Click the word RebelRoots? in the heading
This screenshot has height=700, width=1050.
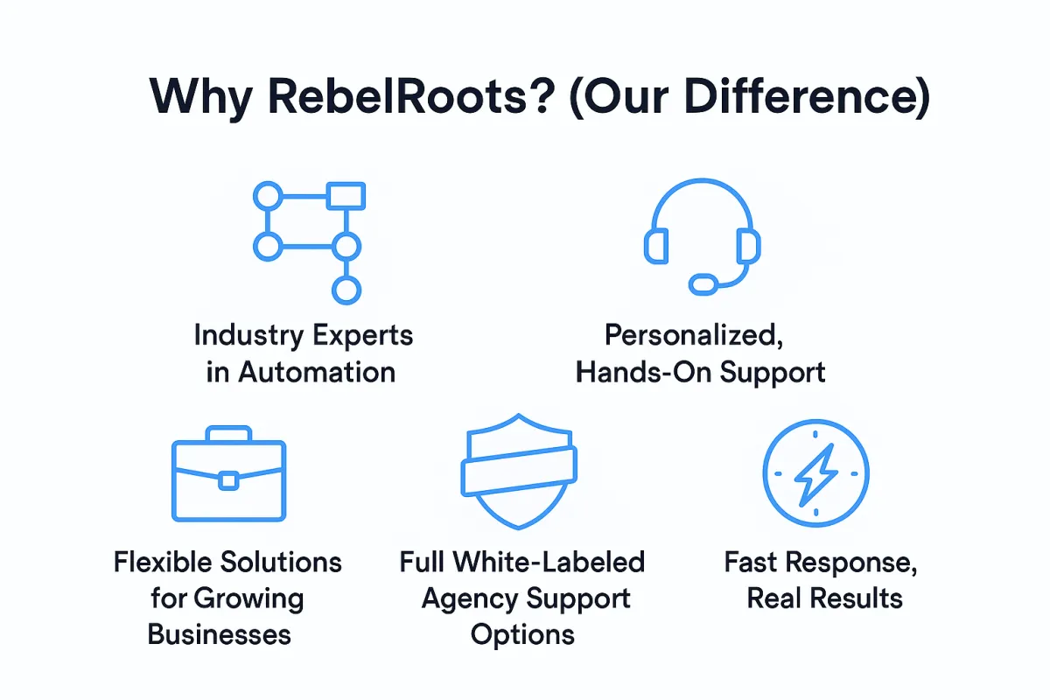pyautogui.click(x=411, y=96)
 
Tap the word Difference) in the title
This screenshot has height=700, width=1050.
pyautogui.click(x=807, y=96)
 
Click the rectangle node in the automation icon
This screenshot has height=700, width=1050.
pyautogui.click(x=346, y=195)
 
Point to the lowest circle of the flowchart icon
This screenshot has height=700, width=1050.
pyautogui.click(x=346, y=290)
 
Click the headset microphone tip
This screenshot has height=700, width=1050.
pyautogui.click(x=703, y=284)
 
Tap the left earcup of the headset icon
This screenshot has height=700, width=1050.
pyautogui.click(x=656, y=246)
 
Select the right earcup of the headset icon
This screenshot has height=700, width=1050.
pyautogui.click(x=749, y=246)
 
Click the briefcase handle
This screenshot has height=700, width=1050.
pyautogui.click(x=228, y=433)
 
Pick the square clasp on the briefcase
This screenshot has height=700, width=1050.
pyautogui.click(x=228, y=481)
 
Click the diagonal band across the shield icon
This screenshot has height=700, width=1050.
pyautogui.click(x=519, y=472)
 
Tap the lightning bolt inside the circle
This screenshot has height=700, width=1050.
pyautogui.click(x=816, y=474)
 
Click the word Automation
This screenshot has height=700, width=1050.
pyautogui.click(x=317, y=372)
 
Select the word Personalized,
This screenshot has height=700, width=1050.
pyautogui.click(x=694, y=336)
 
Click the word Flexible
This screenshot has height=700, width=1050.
pyautogui.click(x=164, y=562)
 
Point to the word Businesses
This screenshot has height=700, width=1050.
pyautogui.click(x=220, y=634)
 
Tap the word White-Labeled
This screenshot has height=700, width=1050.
pyautogui.click(x=549, y=562)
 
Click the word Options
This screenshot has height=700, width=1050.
pyautogui.click(x=522, y=636)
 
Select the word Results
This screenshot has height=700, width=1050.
pyautogui.click(x=857, y=598)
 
